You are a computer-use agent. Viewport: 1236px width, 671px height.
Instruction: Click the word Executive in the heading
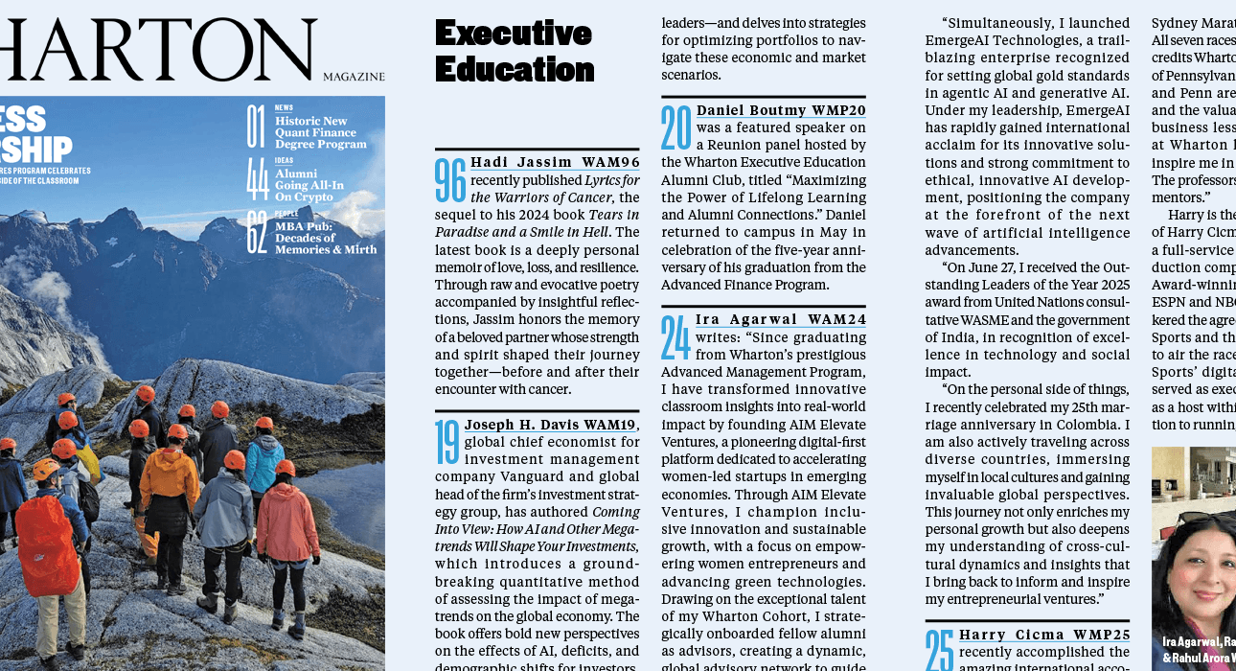(513, 33)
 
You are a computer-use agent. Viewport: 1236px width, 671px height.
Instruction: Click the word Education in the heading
(515, 69)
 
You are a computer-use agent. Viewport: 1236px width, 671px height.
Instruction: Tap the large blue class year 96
(450, 180)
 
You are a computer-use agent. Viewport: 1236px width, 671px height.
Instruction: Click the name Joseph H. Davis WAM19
(550, 425)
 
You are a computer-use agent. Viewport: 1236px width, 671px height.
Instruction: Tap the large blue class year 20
(676, 128)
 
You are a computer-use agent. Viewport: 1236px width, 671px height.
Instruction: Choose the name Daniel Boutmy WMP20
(781, 110)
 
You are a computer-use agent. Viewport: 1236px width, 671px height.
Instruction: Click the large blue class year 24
(676, 337)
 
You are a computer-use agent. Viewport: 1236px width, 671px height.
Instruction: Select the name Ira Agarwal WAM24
(780, 319)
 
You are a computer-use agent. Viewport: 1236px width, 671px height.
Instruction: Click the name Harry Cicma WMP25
(1044, 635)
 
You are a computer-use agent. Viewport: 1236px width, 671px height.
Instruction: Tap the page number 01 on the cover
(256, 126)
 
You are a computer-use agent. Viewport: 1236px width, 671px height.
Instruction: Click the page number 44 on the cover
(256, 179)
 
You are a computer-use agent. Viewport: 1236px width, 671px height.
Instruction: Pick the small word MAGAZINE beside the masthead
(354, 77)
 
